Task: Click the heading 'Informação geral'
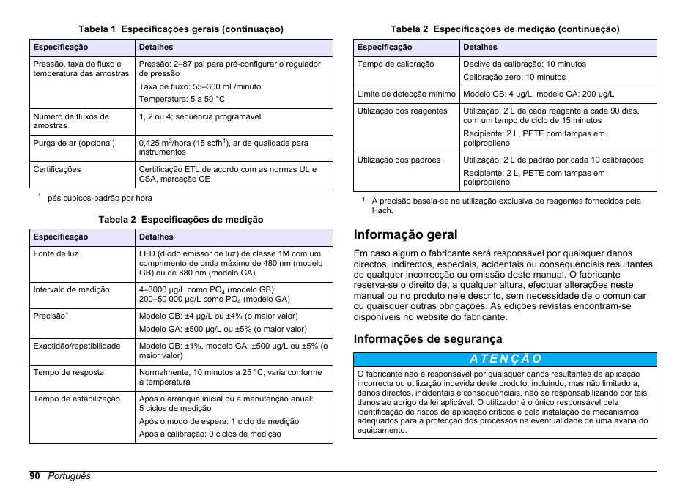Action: [405, 235]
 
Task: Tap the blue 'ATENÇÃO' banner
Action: [505, 359]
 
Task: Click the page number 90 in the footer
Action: [35, 476]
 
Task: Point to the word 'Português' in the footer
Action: [70, 476]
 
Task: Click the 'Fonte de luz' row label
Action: [56, 254]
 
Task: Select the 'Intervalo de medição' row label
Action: [71, 290]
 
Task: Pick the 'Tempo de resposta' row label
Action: [68, 373]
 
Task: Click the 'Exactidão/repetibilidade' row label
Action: [76, 346]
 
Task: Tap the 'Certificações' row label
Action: [57, 170]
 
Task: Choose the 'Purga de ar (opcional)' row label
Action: [74, 144]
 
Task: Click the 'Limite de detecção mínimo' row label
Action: [406, 94]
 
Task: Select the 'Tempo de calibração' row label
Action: [396, 64]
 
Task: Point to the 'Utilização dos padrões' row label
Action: [399, 160]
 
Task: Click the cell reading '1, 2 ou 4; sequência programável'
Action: [200, 117]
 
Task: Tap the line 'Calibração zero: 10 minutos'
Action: [514, 78]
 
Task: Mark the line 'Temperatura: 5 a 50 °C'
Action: [182, 99]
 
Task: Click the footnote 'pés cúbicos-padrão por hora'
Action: [100, 198]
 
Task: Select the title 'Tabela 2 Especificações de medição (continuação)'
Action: [505, 29]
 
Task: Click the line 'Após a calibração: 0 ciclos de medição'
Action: [210, 434]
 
